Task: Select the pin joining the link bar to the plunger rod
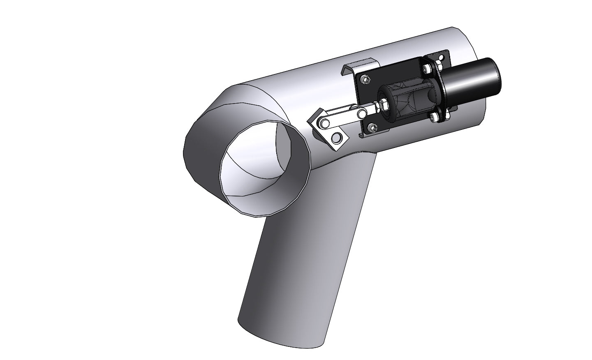click(362, 113)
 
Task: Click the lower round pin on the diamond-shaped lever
click(337, 137)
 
